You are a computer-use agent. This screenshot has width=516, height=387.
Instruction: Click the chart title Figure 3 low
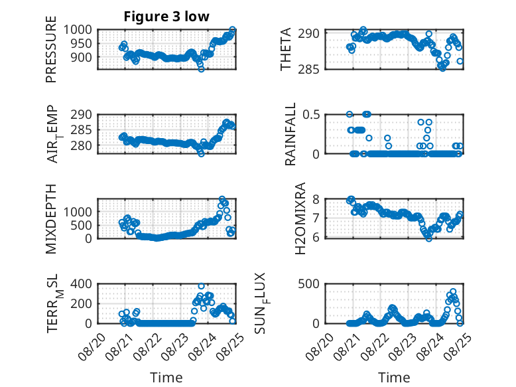[x=166, y=17]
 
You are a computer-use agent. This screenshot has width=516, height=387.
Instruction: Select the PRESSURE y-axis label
[x=51, y=49]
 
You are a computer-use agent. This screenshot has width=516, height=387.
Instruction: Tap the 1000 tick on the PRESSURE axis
[x=78, y=30]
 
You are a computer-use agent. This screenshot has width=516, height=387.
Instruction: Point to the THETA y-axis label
[x=286, y=49]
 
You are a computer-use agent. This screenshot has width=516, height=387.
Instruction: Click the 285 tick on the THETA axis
[x=308, y=69]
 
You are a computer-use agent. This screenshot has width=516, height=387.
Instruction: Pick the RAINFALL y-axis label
[x=290, y=134]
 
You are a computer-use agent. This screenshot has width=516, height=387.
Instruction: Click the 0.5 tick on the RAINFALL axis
[x=311, y=115]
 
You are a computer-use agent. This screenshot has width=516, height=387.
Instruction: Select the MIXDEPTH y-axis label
[x=51, y=218]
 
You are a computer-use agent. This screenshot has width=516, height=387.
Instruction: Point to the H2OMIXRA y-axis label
[x=300, y=218]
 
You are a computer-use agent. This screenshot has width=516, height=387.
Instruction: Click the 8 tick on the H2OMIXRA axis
[x=316, y=199]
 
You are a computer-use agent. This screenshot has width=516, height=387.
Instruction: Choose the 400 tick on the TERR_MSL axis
[x=82, y=283]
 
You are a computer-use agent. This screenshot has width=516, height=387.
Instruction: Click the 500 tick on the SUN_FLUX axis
[x=308, y=283]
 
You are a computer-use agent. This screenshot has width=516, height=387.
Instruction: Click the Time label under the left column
[x=166, y=378]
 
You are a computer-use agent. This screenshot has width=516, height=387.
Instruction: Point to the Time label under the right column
[x=394, y=378]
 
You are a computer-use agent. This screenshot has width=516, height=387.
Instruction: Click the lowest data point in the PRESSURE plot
[x=201, y=69]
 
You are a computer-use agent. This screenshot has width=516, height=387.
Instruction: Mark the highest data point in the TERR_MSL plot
[x=202, y=286]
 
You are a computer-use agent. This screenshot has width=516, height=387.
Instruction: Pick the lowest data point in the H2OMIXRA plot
[x=428, y=238]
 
